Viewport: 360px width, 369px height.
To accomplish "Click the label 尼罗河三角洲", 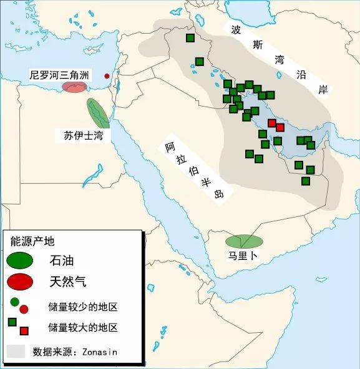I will coord(59,75).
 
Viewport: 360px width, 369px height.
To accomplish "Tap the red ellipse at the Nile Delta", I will coord(74,87).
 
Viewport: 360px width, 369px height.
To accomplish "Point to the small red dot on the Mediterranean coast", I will coord(107,76).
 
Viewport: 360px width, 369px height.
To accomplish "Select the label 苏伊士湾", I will coord(83,135).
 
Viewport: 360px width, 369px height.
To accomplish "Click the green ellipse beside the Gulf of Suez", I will coord(97,112).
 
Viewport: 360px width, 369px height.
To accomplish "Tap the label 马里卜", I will coord(242,256).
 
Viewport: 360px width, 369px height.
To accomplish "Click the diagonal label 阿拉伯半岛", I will coord(193,168).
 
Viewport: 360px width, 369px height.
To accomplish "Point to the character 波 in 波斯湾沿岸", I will coord(236,29).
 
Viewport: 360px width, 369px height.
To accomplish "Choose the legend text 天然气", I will coord(68,282).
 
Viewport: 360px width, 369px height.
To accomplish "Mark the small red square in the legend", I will coord(24,330).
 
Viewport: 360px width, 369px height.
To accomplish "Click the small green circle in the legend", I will coord(15,302).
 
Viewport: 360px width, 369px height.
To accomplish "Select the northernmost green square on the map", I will coord(190,38).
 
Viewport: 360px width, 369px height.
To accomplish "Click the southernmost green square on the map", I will coord(306,181).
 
